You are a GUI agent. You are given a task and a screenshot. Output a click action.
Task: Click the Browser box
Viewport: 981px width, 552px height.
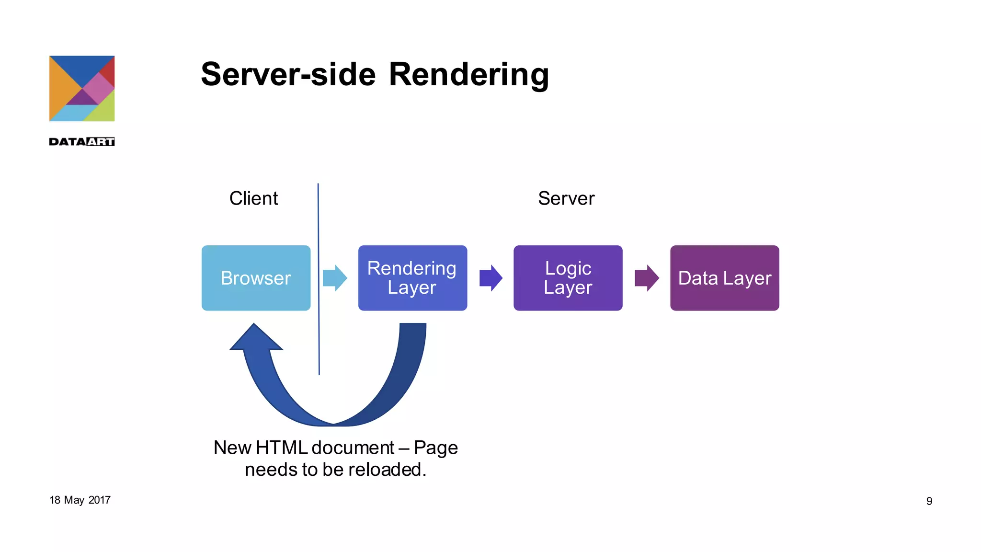(256, 278)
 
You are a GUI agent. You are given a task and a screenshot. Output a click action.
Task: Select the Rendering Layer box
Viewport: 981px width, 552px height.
(412, 278)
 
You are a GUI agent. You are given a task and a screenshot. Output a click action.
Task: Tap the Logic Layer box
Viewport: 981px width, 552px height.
(568, 278)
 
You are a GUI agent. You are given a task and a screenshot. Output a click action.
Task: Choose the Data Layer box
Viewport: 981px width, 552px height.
(724, 278)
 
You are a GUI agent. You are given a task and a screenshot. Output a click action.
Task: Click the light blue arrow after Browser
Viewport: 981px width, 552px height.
(334, 278)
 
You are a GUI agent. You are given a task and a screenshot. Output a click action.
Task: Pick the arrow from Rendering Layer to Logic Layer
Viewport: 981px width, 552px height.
(490, 278)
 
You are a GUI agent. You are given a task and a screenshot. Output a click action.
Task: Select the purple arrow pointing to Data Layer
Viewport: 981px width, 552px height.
(647, 278)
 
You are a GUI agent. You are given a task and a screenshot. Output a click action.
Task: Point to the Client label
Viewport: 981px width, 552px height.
(253, 198)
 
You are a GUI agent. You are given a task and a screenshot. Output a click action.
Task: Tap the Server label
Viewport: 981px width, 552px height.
(566, 198)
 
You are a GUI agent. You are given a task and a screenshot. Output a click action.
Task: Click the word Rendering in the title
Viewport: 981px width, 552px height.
(468, 75)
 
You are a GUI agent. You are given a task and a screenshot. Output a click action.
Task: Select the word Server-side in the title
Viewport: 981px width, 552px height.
(288, 75)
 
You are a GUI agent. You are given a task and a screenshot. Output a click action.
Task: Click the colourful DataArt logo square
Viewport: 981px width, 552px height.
(82, 89)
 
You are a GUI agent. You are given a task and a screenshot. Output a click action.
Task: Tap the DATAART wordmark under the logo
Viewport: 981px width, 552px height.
(82, 142)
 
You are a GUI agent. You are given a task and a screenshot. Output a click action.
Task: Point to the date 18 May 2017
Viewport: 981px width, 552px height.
(80, 500)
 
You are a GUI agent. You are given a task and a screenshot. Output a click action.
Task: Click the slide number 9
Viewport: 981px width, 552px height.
(929, 501)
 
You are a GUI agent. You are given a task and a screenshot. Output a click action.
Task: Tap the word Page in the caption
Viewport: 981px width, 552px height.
(435, 448)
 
